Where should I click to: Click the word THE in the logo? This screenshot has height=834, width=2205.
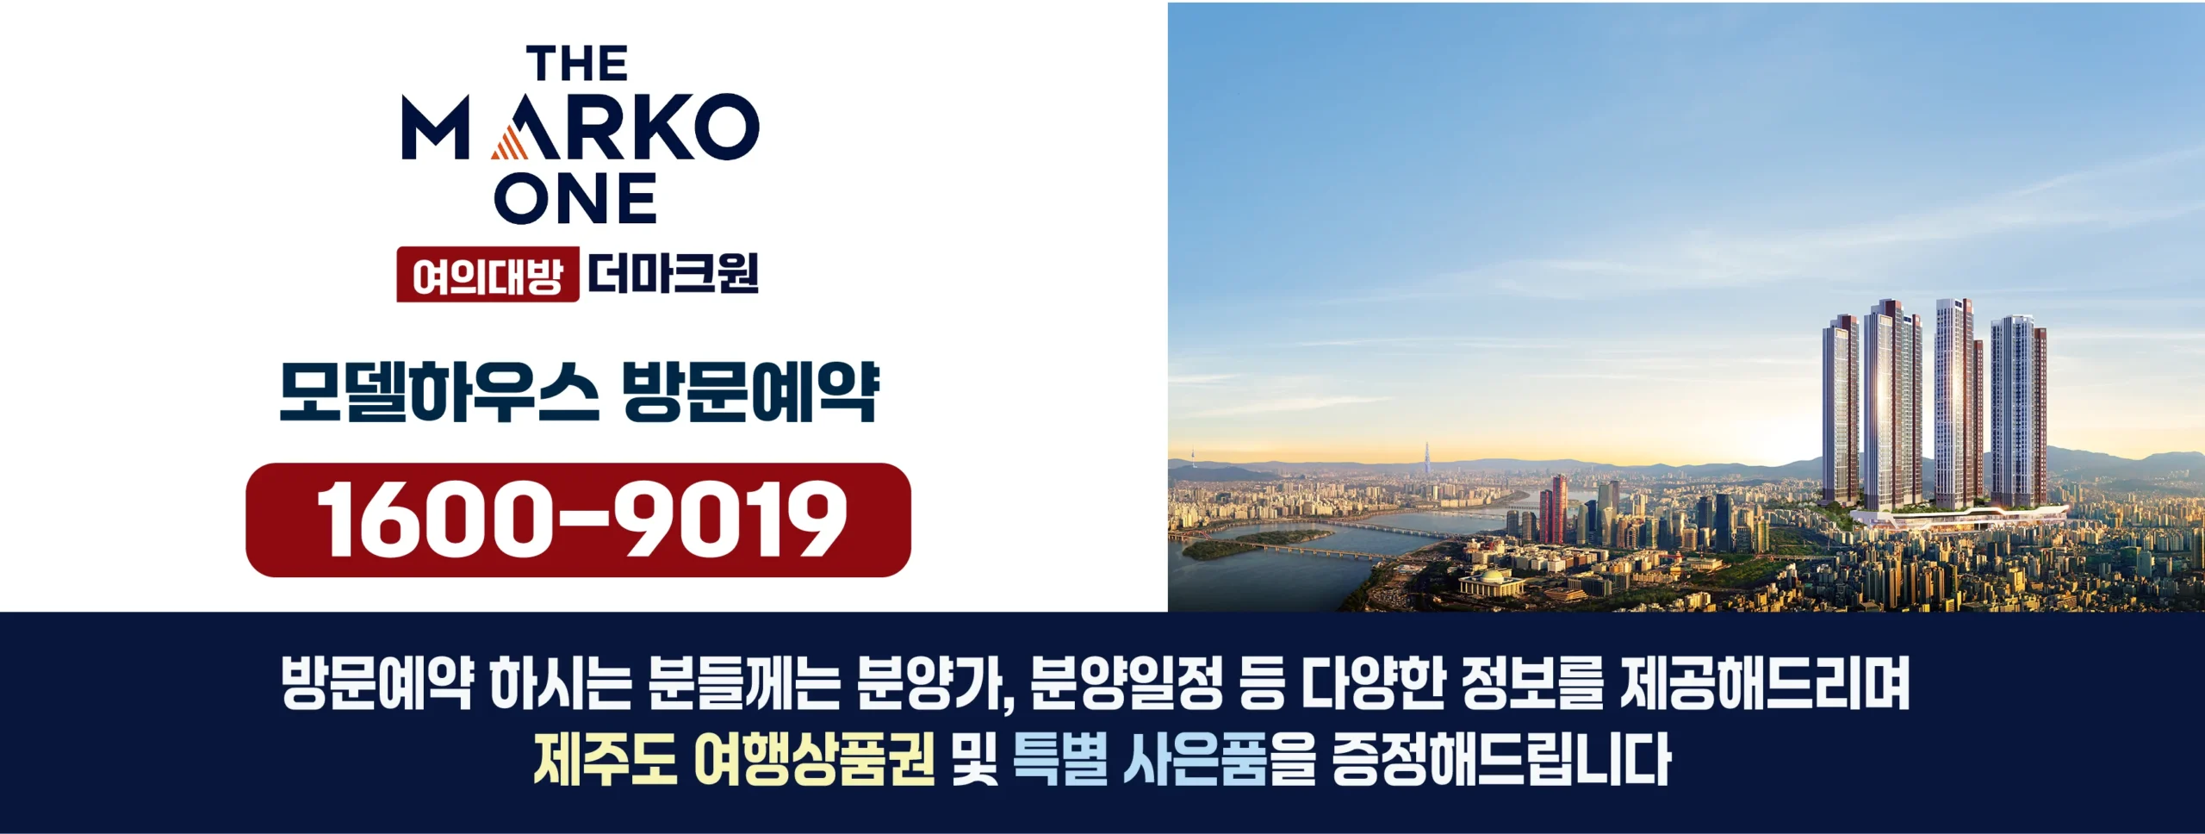[577, 64]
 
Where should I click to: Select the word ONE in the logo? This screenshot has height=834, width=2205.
[575, 198]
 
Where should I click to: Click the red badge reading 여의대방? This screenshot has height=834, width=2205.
[488, 275]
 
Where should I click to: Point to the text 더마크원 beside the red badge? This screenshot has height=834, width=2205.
[673, 274]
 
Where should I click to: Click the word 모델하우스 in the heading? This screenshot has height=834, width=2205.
[439, 393]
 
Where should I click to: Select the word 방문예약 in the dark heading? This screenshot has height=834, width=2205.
[750, 393]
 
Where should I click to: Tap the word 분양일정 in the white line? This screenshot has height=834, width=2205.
[1126, 682]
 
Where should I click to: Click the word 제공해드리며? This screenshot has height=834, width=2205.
[1765, 682]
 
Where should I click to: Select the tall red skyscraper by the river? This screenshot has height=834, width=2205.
[1554, 510]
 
